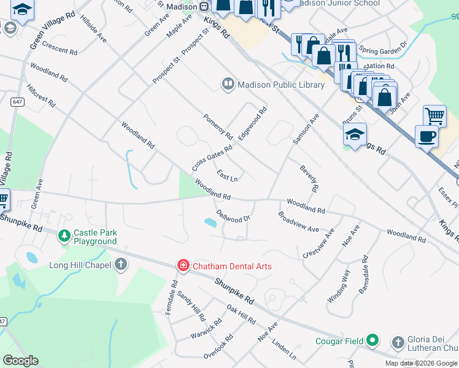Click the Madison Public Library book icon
[x=228, y=83]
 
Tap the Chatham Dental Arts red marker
[x=183, y=265]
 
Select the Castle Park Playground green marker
[x=64, y=236]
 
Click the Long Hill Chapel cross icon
[x=121, y=265]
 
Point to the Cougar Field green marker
[x=372, y=340]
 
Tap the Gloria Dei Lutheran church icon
[x=397, y=342]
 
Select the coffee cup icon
[x=426, y=136]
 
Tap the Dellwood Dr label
[x=234, y=217]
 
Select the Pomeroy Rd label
[x=218, y=126]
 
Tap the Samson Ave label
[x=306, y=129]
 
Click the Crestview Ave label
[x=319, y=243]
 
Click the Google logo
[x=21, y=361]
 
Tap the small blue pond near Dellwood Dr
[x=210, y=223]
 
